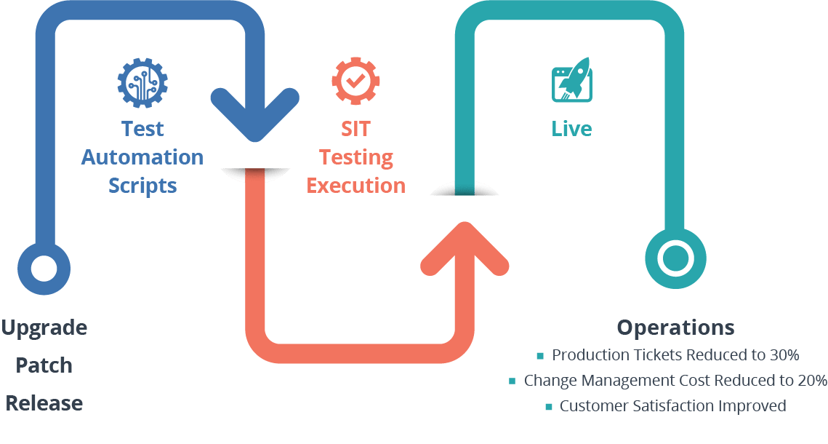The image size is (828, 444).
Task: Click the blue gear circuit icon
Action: [142, 82]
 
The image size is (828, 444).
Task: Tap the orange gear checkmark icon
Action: [355, 81]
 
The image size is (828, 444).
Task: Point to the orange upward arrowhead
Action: [465, 248]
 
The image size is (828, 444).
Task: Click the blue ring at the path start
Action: [44, 267]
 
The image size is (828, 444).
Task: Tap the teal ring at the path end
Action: [675, 258]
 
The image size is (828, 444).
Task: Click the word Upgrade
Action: [44, 328]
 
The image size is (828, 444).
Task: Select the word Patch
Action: [44, 365]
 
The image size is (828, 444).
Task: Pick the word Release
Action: [44, 403]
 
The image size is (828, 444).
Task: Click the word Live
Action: [571, 129]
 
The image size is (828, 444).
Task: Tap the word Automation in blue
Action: [142, 156]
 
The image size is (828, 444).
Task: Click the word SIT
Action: [355, 129]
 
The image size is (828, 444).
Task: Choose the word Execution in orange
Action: [355, 185]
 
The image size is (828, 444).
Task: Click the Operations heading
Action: [675, 328]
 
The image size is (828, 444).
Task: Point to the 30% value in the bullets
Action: [784, 355]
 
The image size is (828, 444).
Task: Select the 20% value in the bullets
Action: [811, 380]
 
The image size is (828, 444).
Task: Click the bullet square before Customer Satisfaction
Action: [549, 407]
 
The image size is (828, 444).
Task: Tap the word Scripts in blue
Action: [142, 185]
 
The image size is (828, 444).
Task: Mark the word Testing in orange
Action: [355, 156]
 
